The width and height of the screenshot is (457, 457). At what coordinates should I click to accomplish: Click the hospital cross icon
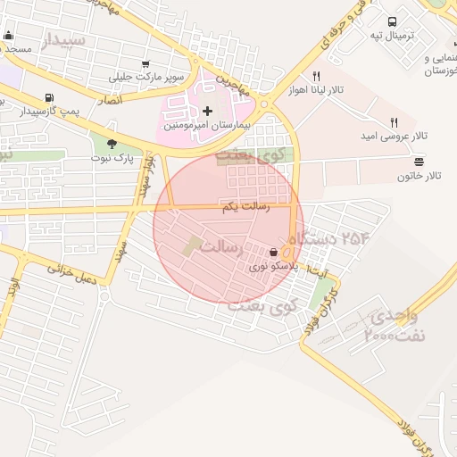coord(208,111)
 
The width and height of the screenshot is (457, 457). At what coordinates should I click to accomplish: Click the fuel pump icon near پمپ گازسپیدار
coord(47,98)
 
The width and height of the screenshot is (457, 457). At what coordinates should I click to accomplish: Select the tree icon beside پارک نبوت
coord(112,143)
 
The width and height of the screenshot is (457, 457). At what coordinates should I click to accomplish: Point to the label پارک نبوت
coord(111,158)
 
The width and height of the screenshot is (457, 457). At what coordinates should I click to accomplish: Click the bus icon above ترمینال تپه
coord(392,22)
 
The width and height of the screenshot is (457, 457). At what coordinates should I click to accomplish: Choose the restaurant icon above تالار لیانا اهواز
coord(315,77)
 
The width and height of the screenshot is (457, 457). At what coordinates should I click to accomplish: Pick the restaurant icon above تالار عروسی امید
coord(393,121)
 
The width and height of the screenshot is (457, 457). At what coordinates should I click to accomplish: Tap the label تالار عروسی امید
coord(394,136)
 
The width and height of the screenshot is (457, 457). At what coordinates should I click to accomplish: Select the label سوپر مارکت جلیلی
coord(146,77)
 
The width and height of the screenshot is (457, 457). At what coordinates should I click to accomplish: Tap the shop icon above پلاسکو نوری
coord(272,253)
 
